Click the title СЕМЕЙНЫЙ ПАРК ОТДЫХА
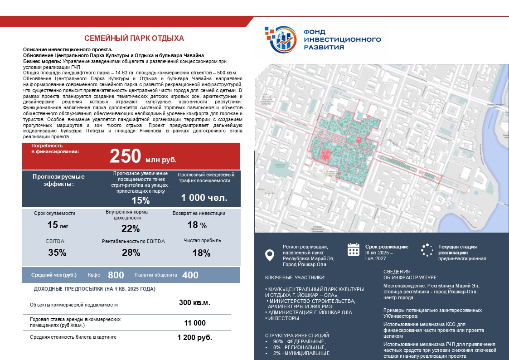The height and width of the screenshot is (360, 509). coord(134,39)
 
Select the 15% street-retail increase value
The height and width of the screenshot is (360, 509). coord(140,201)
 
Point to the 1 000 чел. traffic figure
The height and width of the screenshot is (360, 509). coord(204,198)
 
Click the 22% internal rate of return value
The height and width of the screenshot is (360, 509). coord(131,229)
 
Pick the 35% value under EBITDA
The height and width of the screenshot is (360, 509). coord(57,253)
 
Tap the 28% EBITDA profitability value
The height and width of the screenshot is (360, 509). coord(131,253)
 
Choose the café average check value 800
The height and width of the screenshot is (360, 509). coord(116,275)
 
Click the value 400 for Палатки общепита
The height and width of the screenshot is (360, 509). coord(190,275)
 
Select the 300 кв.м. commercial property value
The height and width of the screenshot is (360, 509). coord(194,303)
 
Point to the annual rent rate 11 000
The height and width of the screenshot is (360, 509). coord(194,323)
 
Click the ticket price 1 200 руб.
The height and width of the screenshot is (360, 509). coord(194,338)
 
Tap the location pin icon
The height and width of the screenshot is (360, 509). coord(269,255)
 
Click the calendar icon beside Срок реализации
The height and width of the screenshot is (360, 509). coord(353,249)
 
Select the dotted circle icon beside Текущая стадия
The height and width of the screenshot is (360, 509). coord(427,250)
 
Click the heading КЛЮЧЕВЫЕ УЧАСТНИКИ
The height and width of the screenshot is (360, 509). coord(295,277)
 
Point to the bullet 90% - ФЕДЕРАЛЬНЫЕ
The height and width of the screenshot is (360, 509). coord(299,341)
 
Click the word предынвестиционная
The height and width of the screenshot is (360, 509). coord(462,259)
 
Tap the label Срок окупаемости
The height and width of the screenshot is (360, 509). coord(54,213)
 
